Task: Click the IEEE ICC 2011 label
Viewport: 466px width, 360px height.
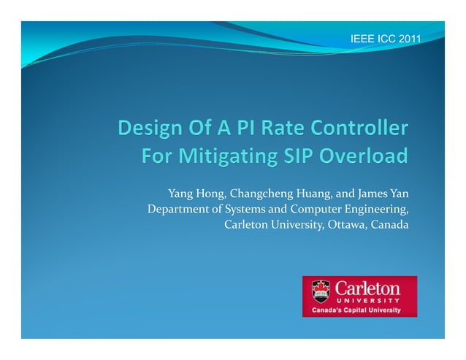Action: click(x=386, y=37)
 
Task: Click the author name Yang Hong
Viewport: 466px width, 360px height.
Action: click(x=192, y=194)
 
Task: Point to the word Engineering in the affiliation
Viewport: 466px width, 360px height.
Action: click(x=377, y=209)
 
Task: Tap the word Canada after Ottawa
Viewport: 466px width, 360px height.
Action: click(x=389, y=223)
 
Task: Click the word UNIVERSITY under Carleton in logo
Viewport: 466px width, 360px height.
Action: click(x=367, y=300)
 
